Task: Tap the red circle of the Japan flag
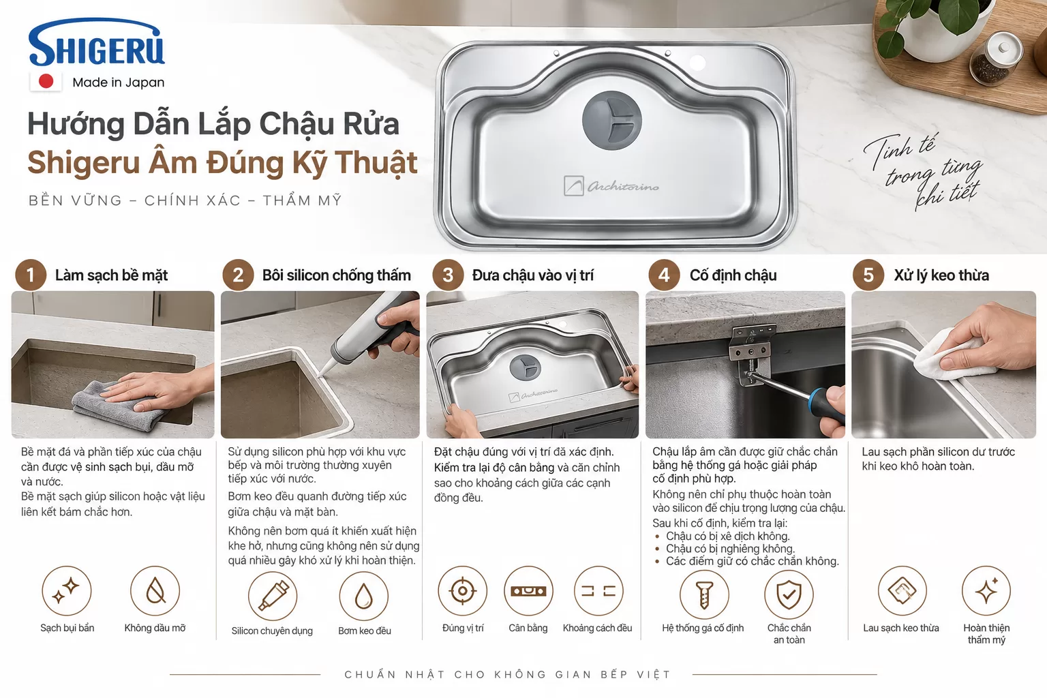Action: tap(46, 81)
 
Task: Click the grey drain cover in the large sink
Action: tap(612, 121)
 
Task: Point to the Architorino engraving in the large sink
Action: tap(611, 186)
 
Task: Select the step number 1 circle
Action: tap(31, 275)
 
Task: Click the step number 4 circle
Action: tap(664, 275)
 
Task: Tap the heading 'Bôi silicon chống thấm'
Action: tap(337, 275)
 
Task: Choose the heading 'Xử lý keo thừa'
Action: tap(941, 275)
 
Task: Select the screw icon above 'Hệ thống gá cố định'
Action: tap(704, 594)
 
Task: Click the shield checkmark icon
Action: tap(789, 594)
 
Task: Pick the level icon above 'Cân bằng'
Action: tap(528, 591)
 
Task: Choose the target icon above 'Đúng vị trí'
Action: tap(463, 591)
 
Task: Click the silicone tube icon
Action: tap(273, 596)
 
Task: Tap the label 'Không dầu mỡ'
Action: tap(155, 628)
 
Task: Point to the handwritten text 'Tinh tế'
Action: tap(900, 149)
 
